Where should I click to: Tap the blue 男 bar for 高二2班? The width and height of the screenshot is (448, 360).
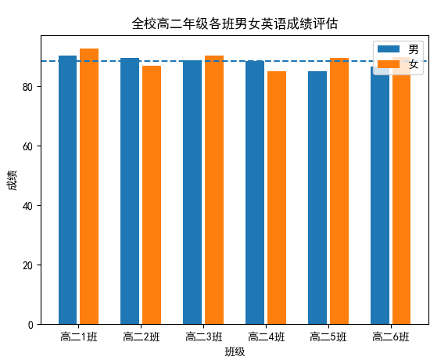click(x=130, y=191)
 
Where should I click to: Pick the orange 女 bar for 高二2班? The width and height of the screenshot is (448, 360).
click(x=152, y=195)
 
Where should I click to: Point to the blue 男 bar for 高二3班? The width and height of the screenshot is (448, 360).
click(x=192, y=193)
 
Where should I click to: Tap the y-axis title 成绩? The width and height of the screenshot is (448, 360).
click(x=11, y=180)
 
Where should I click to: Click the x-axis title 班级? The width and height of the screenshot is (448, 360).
click(x=235, y=351)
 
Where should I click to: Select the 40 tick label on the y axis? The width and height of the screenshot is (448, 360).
click(x=29, y=206)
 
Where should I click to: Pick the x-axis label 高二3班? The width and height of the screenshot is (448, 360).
click(x=203, y=337)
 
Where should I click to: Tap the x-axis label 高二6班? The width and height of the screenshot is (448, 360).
click(x=390, y=337)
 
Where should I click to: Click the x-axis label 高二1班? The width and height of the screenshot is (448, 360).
click(x=78, y=337)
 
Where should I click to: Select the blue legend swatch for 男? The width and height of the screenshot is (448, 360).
click(x=388, y=49)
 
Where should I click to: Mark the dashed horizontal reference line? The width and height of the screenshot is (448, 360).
click(x=235, y=61)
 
